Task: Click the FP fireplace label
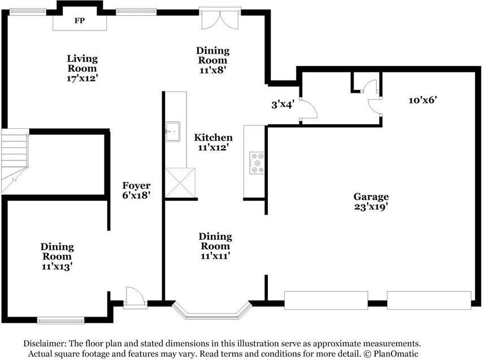click(x=80, y=21)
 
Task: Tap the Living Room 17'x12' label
click(x=82, y=68)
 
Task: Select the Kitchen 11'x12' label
click(x=213, y=142)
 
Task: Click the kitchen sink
click(x=173, y=132)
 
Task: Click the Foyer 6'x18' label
click(x=136, y=190)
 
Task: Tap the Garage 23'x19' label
click(x=371, y=202)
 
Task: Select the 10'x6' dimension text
click(x=423, y=100)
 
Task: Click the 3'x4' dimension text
click(x=283, y=105)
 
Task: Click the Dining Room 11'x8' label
click(x=213, y=60)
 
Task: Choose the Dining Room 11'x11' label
click(x=215, y=246)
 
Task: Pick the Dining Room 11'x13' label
click(x=57, y=257)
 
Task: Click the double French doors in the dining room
click(x=220, y=19)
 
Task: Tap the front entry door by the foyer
click(x=135, y=298)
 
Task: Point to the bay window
click(x=212, y=311)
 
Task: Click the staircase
click(x=15, y=161)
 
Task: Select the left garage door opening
click(x=326, y=300)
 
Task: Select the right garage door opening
click(x=429, y=300)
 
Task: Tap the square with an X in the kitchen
click(x=180, y=183)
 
